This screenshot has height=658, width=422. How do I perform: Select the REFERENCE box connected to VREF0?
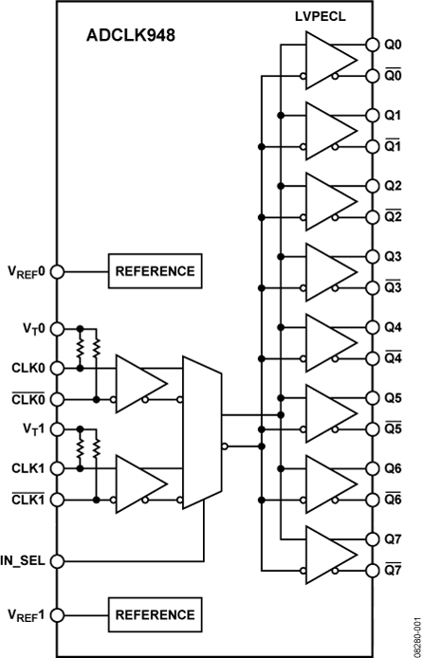coord(155,271)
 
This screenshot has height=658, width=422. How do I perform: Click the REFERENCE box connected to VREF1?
coord(155,613)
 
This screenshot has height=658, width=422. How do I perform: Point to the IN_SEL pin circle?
coord(57,560)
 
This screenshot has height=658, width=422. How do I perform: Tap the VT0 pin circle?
coord(57,328)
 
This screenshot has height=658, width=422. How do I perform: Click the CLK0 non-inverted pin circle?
coord(57,368)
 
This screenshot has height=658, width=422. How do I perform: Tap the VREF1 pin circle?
coord(57,613)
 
